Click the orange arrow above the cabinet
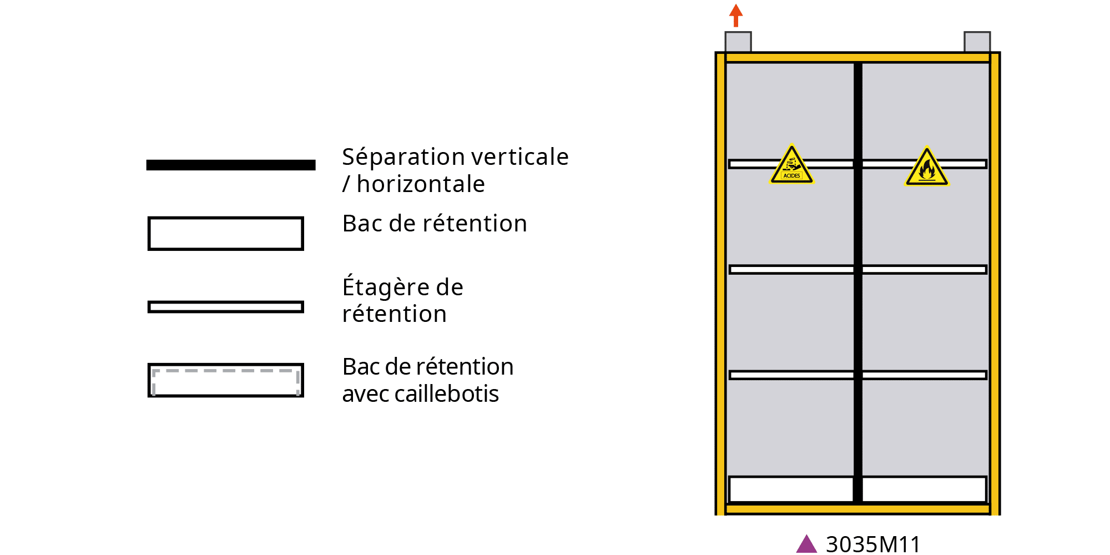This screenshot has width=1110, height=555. click(736, 15)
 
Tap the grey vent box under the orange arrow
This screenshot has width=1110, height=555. click(738, 42)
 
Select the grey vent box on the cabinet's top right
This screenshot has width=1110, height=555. click(977, 42)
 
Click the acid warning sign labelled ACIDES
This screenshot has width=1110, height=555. click(792, 166)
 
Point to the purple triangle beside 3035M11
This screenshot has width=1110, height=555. click(806, 544)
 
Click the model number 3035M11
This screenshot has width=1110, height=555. click(873, 544)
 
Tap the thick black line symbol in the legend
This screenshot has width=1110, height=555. click(231, 165)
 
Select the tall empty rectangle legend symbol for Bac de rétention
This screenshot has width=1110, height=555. click(226, 234)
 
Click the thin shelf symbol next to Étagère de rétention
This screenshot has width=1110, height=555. click(226, 307)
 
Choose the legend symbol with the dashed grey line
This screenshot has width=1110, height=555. click(226, 380)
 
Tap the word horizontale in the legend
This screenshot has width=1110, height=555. click(421, 184)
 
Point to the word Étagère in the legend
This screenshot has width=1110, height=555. click(385, 287)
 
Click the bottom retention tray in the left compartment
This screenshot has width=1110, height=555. click(791, 490)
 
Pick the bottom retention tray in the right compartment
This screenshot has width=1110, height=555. click(925, 490)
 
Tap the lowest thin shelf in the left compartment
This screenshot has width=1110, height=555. click(791, 375)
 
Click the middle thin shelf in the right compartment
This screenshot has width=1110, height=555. click(925, 270)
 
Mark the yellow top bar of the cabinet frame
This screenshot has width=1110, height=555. click(857, 58)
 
